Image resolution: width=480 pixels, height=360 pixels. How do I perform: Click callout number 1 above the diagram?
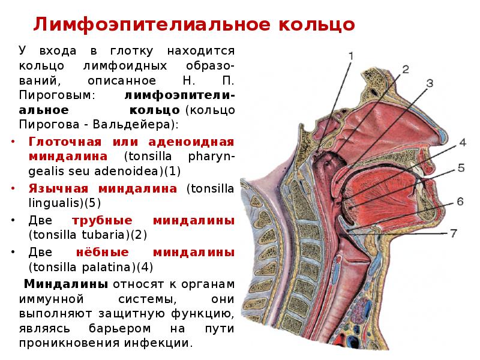click(351, 56)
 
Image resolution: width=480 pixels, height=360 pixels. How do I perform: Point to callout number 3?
click(430, 83)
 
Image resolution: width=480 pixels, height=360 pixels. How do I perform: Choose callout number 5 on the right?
click(460, 169)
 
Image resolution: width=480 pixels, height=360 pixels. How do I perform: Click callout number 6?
click(460, 202)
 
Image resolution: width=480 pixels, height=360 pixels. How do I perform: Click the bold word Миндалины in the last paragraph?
click(65, 284)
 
